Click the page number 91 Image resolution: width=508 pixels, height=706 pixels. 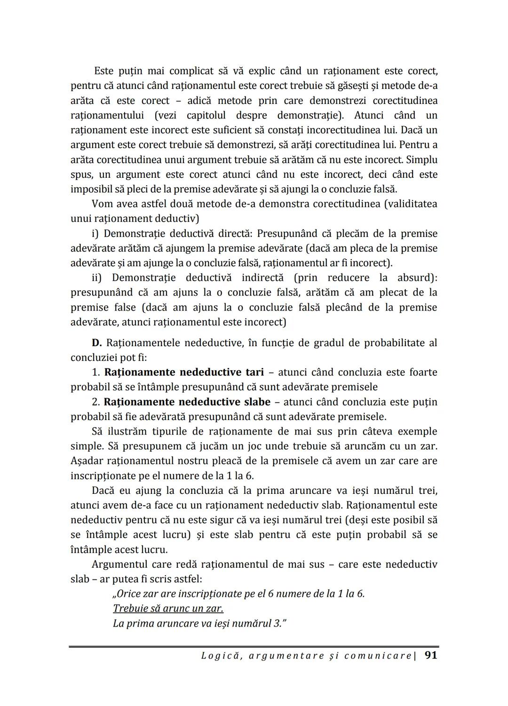pos(431,655)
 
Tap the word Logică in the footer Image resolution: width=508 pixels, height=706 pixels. pos(219,656)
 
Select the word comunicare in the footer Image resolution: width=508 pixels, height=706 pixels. pos(377,656)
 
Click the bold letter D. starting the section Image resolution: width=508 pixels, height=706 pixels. pos(97,343)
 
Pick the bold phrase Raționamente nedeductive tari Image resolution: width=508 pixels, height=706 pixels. pos(183,373)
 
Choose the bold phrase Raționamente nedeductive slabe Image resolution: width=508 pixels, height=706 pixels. pos(187,402)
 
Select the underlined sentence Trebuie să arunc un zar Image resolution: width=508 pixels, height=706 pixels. pos(168,609)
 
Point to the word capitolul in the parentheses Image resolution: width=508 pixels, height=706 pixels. pos(206,115)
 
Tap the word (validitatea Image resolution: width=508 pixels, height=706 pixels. pos(407,204)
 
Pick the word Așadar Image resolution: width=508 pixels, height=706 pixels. pos(87,461)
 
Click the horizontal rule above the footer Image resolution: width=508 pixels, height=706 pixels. pos(254,647)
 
